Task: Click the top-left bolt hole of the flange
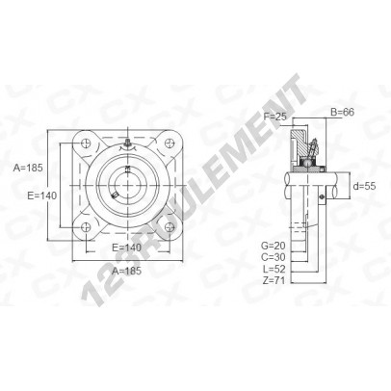click(87, 143)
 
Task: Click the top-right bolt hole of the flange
click(169, 143)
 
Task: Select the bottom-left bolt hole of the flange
click(87, 227)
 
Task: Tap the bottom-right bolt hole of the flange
click(169, 227)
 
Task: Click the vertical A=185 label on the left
click(28, 168)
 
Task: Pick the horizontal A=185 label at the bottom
click(126, 271)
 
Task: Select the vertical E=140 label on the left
click(42, 195)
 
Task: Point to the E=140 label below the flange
click(126, 248)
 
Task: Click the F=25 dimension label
click(274, 117)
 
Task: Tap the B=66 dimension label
click(342, 112)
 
